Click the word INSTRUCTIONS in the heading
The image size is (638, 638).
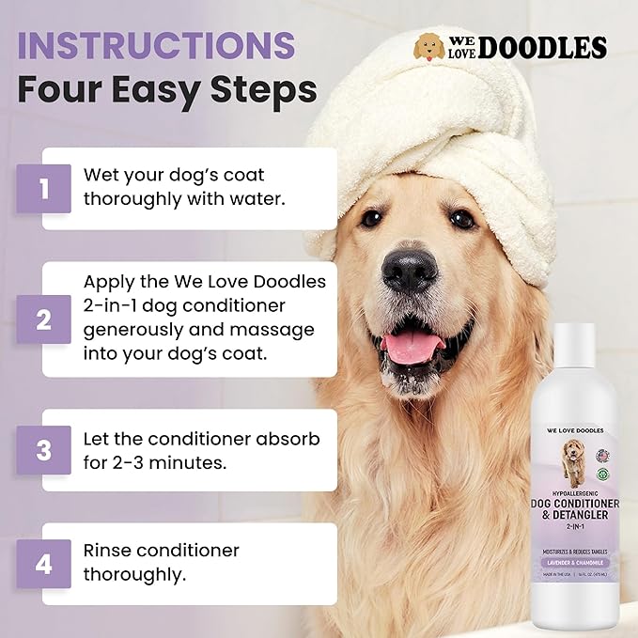click(x=156, y=46)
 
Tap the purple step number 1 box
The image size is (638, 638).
click(x=43, y=189)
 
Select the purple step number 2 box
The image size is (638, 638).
click(x=43, y=319)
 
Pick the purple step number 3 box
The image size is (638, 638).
click(x=43, y=449)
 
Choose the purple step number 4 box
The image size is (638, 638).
click(x=43, y=564)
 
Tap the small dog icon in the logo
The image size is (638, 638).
click(x=429, y=47)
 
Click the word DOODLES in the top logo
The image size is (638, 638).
click(x=542, y=48)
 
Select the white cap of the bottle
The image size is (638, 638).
click(x=572, y=351)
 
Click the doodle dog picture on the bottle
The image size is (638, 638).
click(x=571, y=459)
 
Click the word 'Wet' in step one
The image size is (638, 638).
click(x=101, y=176)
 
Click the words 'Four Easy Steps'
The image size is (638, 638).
click(x=165, y=91)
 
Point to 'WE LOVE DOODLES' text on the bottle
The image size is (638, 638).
click(x=571, y=430)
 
